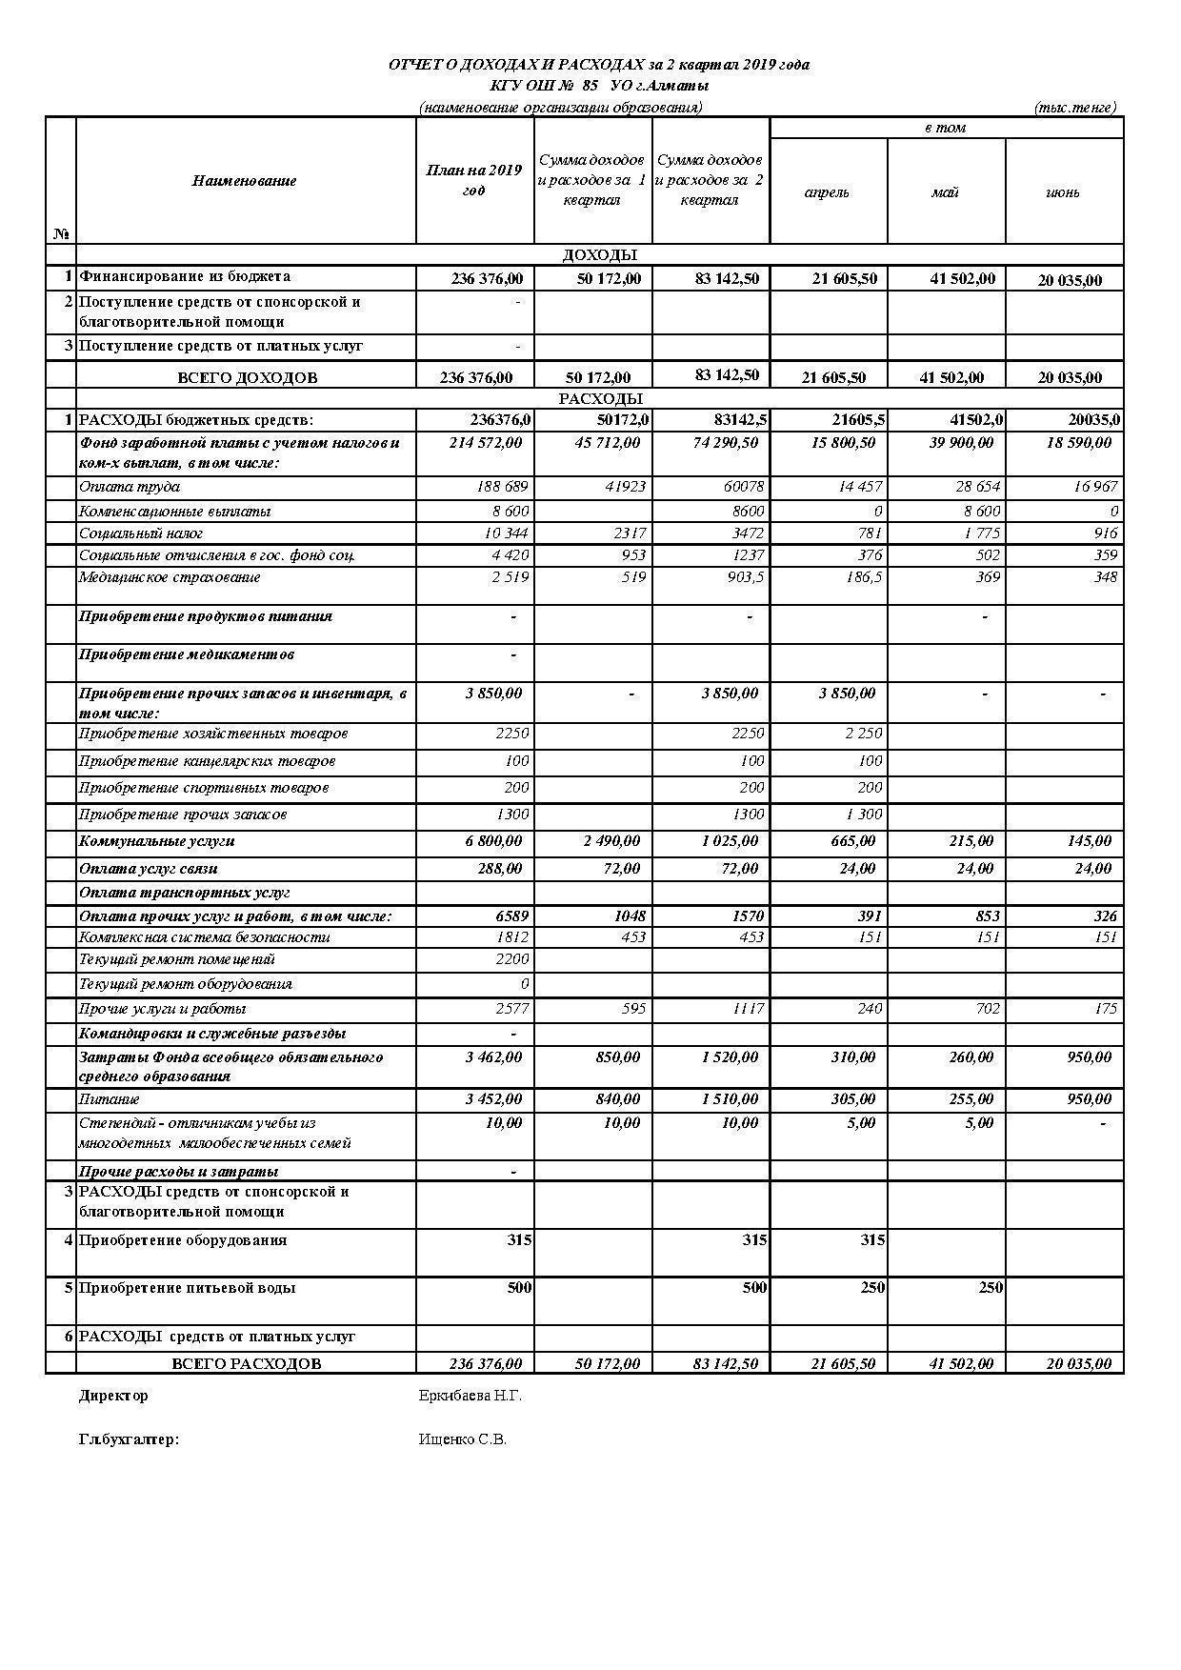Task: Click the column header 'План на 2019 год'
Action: point(473,180)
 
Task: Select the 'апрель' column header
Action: point(827,192)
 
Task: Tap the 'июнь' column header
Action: point(1063,192)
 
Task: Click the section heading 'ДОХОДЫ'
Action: point(599,254)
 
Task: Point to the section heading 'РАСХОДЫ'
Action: point(599,398)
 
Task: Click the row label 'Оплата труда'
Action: point(130,487)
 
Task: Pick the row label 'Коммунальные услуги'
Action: point(156,841)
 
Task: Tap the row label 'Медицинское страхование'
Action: point(170,577)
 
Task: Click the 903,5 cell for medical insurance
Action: point(744,577)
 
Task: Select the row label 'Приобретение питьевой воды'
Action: point(187,1288)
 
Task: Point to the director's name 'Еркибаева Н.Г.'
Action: point(470,1396)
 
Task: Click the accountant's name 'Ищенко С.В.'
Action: point(463,1439)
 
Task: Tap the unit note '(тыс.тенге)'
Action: point(1074,108)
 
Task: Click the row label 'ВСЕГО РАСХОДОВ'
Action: point(246,1363)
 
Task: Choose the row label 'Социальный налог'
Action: point(141,533)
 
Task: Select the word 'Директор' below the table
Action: point(113,1396)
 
